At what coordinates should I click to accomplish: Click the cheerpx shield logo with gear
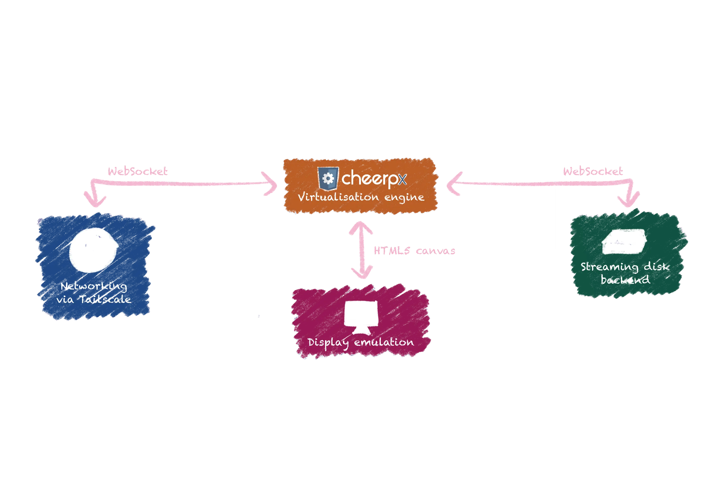(x=328, y=179)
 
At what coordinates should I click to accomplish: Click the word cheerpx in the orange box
(x=374, y=178)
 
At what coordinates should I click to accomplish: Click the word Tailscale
(x=105, y=299)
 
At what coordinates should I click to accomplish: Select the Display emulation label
(x=361, y=342)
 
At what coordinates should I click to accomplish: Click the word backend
(x=625, y=280)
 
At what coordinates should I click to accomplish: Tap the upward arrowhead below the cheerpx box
(x=361, y=227)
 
